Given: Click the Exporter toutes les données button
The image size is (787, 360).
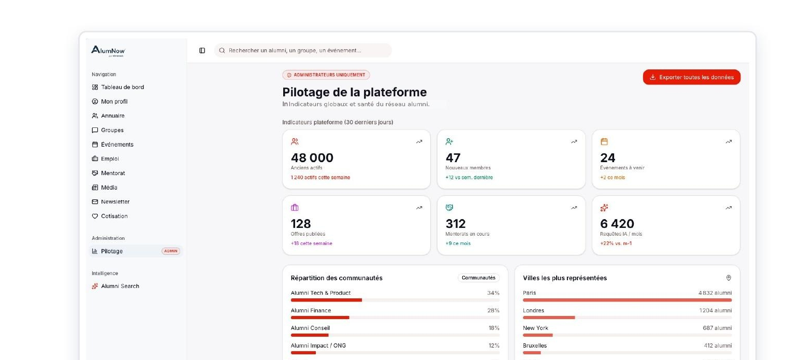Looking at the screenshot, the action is (691, 77).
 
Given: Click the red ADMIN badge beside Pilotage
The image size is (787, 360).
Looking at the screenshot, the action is (171, 251).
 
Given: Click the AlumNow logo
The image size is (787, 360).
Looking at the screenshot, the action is (108, 51).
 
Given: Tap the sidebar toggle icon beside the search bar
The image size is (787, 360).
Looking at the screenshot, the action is (202, 51).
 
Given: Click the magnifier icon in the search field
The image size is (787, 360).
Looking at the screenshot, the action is (222, 51).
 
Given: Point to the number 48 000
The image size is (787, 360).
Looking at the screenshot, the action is (312, 157).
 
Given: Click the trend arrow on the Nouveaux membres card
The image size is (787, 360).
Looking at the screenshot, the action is (574, 142).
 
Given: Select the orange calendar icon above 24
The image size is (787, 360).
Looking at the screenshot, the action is (604, 142).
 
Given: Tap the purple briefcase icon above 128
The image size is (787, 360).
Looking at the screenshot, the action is (295, 208).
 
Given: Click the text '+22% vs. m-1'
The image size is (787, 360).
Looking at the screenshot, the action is (616, 243).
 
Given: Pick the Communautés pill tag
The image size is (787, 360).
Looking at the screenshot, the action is (478, 278).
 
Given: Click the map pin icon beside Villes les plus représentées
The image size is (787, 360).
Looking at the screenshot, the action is (728, 278).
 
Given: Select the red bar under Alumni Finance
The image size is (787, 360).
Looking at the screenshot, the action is (320, 318).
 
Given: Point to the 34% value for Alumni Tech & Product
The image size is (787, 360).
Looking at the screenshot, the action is (493, 293).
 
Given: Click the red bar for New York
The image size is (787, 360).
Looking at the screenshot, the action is (537, 335).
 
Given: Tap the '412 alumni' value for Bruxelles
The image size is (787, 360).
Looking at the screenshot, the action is (718, 345).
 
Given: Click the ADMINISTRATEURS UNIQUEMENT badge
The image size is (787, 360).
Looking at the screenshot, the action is (326, 75).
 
